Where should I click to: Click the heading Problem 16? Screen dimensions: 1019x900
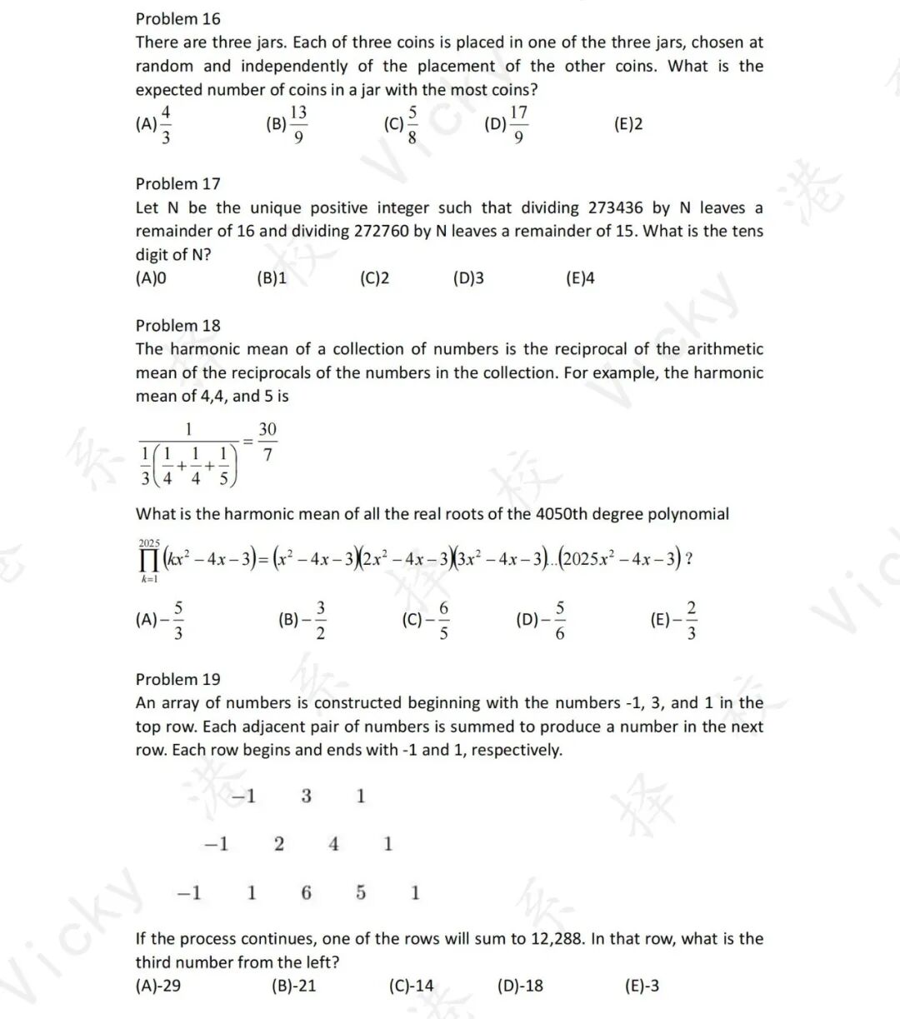click(x=177, y=18)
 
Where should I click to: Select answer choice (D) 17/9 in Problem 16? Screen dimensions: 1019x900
click(x=507, y=124)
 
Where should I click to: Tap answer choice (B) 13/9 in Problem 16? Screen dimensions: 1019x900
click(x=287, y=124)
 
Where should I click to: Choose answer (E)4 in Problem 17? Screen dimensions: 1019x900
click(x=580, y=278)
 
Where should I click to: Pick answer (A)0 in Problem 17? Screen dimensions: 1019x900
click(x=151, y=278)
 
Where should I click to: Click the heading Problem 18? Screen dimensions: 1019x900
click(x=177, y=325)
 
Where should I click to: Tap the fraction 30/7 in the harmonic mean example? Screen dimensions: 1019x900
click(x=267, y=442)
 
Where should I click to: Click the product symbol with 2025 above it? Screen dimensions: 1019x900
click(x=150, y=559)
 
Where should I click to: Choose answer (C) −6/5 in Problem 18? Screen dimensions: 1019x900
click(x=426, y=621)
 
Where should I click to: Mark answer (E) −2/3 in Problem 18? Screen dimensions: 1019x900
click(x=674, y=621)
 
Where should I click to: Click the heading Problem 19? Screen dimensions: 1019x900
click(x=177, y=679)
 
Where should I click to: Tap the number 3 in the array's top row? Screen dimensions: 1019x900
click(x=306, y=796)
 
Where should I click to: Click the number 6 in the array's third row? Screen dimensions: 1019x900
click(x=306, y=893)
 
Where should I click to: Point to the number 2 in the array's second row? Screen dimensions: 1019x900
click(x=279, y=844)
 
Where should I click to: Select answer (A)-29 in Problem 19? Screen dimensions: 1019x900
click(x=158, y=986)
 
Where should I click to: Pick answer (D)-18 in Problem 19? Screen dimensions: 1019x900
click(x=520, y=986)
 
